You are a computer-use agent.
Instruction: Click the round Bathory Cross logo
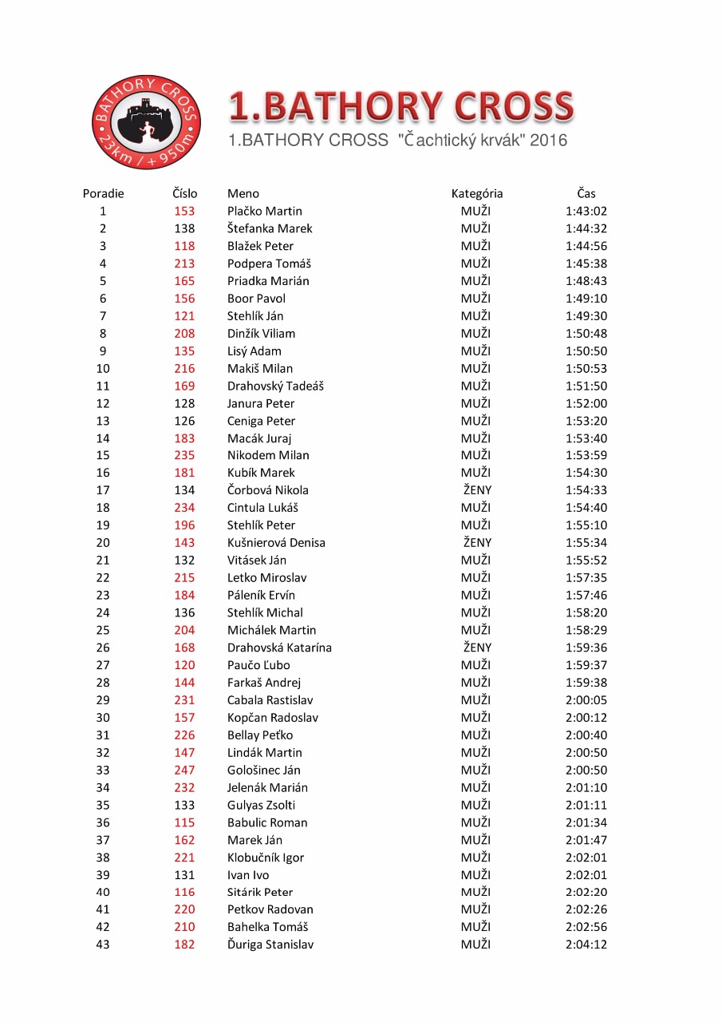coord(146,121)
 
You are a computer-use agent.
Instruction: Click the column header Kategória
coord(476,193)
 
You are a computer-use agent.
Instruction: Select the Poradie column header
coord(103,193)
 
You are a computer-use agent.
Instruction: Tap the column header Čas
coord(586,193)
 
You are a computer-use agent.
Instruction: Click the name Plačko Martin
coord(264,211)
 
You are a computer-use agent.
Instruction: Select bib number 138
coord(184,228)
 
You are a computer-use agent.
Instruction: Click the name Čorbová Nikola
coord(267,490)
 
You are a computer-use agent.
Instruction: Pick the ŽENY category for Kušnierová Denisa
coord(476,543)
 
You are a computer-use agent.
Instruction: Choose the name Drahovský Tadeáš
coord(275,386)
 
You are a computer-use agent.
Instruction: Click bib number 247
coord(184,770)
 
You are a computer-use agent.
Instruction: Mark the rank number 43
coord(103,945)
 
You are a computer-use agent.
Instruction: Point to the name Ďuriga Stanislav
coord(270,945)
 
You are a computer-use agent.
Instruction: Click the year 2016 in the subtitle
coord(548,141)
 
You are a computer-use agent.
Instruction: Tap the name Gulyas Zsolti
coord(261,805)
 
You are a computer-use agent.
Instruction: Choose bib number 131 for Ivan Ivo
coord(184,875)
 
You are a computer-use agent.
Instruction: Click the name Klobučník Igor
coord(265,858)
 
